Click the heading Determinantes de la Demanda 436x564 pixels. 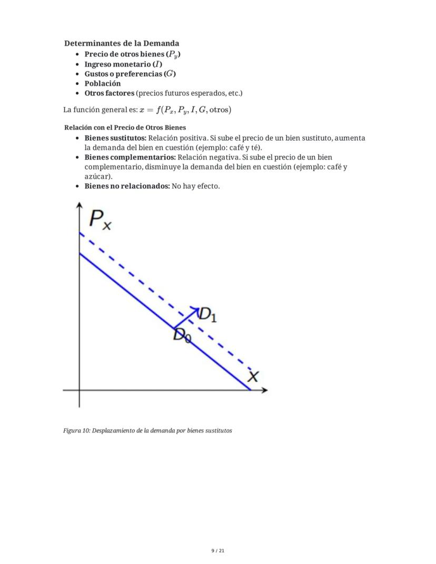[x=122, y=43]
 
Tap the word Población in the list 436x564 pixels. [x=103, y=83]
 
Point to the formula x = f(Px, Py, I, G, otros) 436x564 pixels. [x=185, y=110]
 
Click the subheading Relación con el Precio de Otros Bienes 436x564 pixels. [x=125, y=127]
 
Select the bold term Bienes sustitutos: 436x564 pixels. [x=115, y=138]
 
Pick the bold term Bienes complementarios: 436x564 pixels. [x=130, y=157]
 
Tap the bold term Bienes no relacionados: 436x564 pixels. [x=127, y=186]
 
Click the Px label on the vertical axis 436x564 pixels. [x=101, y=219]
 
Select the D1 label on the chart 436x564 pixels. [x=207, y=314]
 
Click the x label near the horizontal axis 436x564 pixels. [x=253, y=376]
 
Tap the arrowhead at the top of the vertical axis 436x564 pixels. [x=80, y=205]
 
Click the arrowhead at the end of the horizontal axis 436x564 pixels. [x=264, y=390]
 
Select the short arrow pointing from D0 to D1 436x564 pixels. [x=186, y=318]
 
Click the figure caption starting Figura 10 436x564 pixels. [x=147, y=430]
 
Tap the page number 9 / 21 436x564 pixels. [x=218, y=551]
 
